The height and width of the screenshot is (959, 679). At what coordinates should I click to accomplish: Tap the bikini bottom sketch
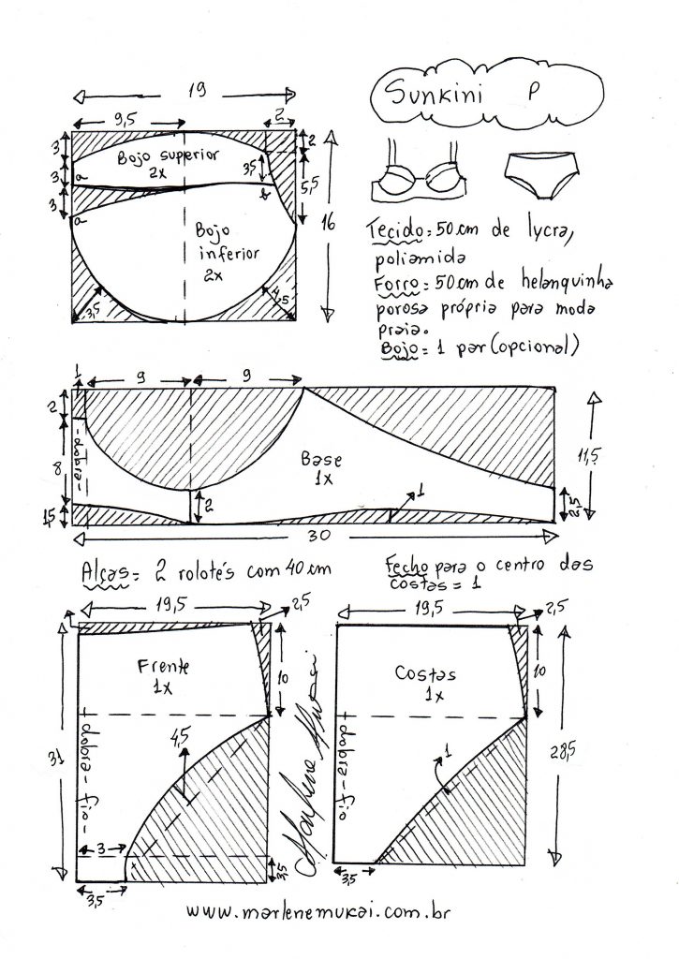pyautogui.click(x=543, y=174)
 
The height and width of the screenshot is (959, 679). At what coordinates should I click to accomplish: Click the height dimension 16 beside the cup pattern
pyautogui.click(x=327, y=221)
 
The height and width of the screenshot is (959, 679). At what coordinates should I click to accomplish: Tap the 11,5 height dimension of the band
pyautogui.click(x=587, y=457)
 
